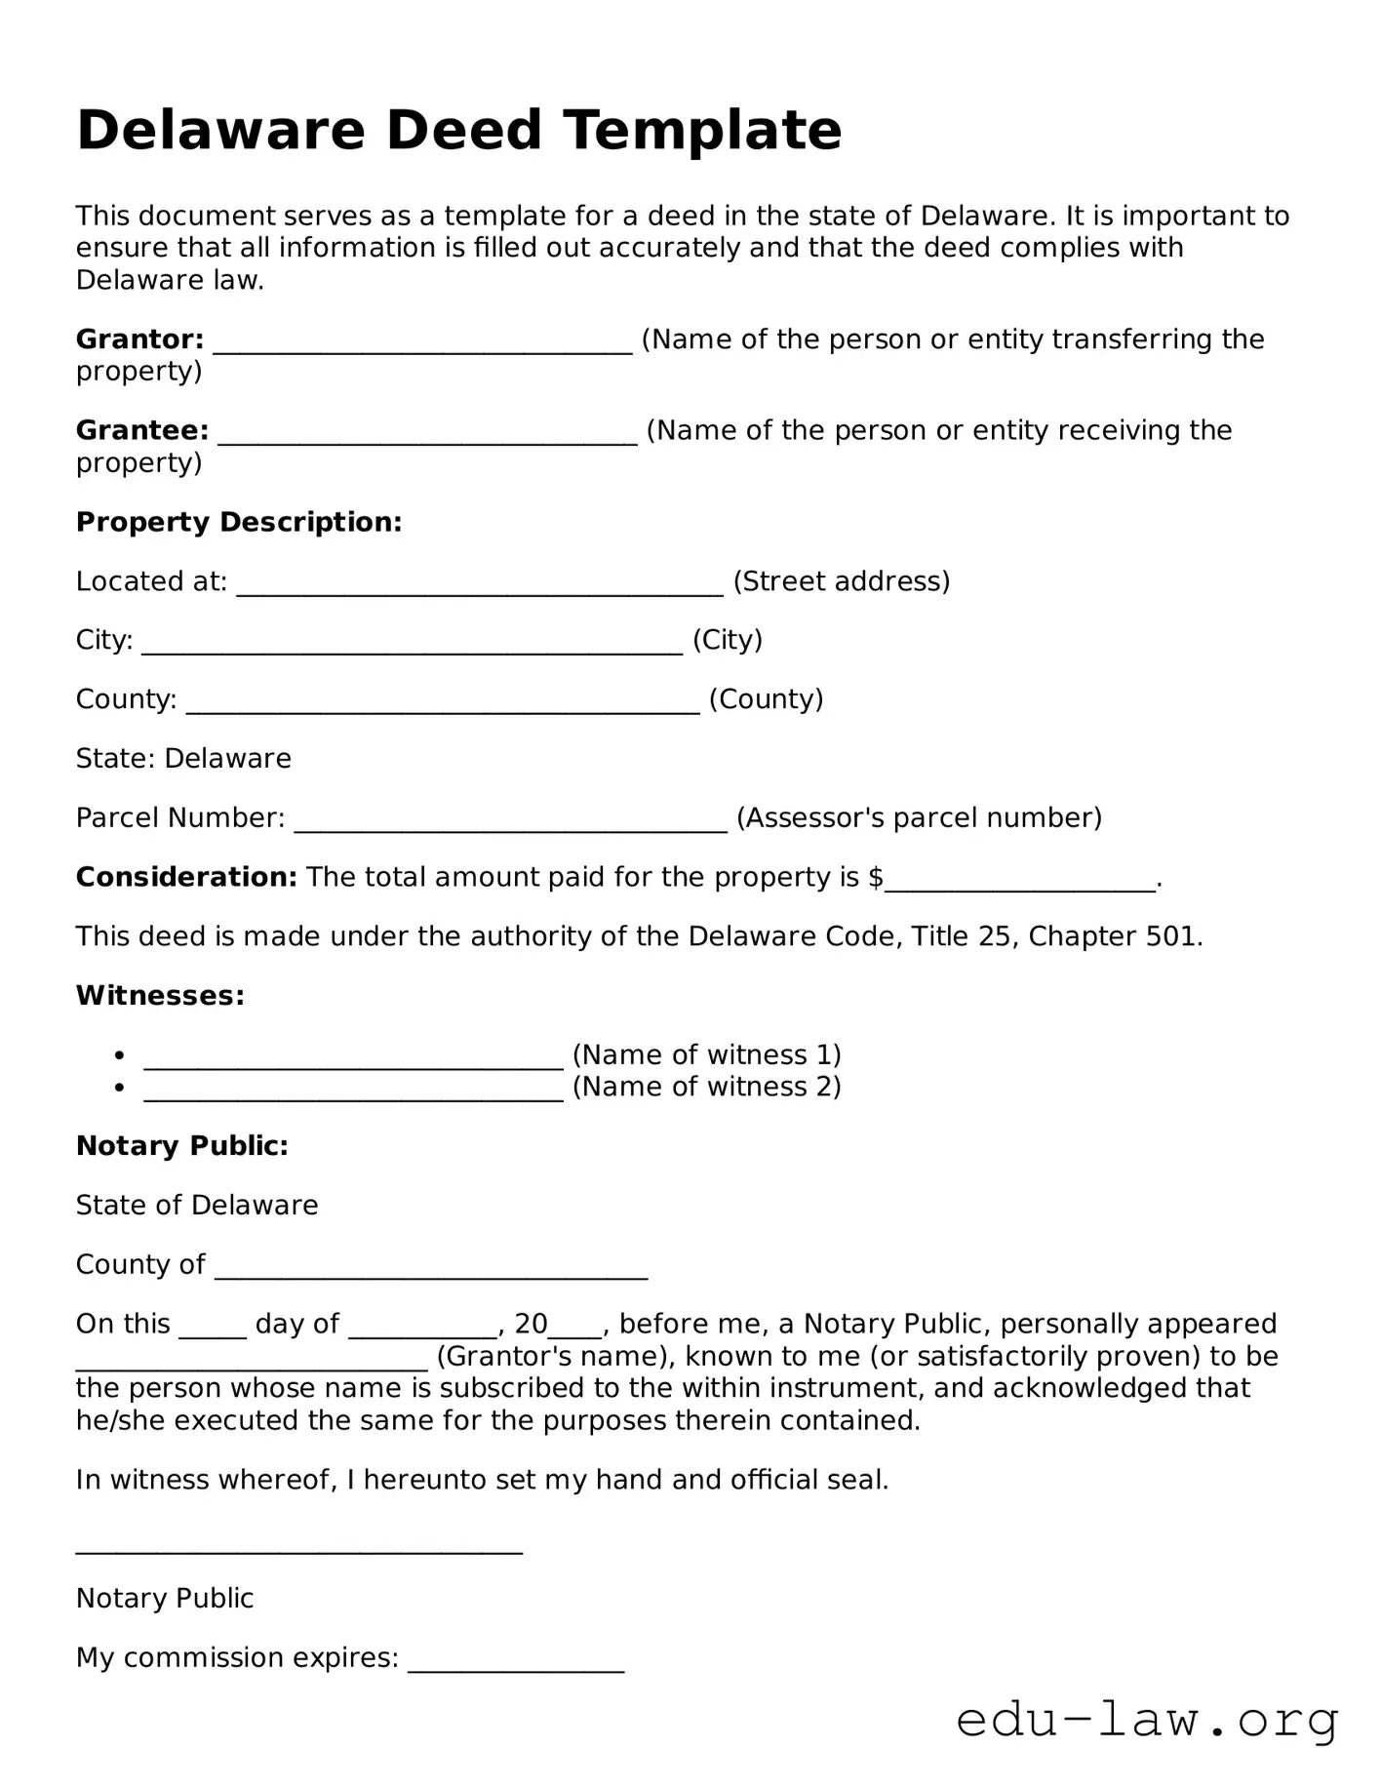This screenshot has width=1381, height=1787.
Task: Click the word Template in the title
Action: click(x=702, y=130)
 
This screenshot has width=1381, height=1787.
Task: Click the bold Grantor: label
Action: click(x=139, y=339)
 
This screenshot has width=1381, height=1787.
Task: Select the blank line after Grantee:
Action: click(x=427, y=432)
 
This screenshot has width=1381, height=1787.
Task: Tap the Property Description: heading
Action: click(x=239, y=522)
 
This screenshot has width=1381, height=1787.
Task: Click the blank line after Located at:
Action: click(x=480, y=583)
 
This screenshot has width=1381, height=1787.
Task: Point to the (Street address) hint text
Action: click(x=841, y=581)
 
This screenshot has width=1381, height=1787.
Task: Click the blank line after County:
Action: click(x=443, y=701)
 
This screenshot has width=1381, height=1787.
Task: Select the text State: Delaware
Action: click(x=183, y=758)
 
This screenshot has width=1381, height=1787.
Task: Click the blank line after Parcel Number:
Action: click(x=510, y=819)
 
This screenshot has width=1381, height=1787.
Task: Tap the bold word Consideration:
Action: click(x=186, y=877)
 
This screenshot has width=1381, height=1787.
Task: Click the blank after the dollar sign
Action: click(x=1019, y=880)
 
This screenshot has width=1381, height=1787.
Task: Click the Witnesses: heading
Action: click(x=160, y=995)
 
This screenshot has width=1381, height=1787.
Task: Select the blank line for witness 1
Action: click(x=353, y=1057)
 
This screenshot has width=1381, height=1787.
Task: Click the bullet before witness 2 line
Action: click(x=119, y=1087)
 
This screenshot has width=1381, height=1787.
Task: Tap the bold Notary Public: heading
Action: click(x=182, y=1145)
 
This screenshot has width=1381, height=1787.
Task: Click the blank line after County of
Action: click(x=430, y=1267)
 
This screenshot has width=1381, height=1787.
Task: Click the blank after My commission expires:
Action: click(x=516, y=1660)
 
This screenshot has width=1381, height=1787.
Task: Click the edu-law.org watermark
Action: click(x=1147, y=1720)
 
